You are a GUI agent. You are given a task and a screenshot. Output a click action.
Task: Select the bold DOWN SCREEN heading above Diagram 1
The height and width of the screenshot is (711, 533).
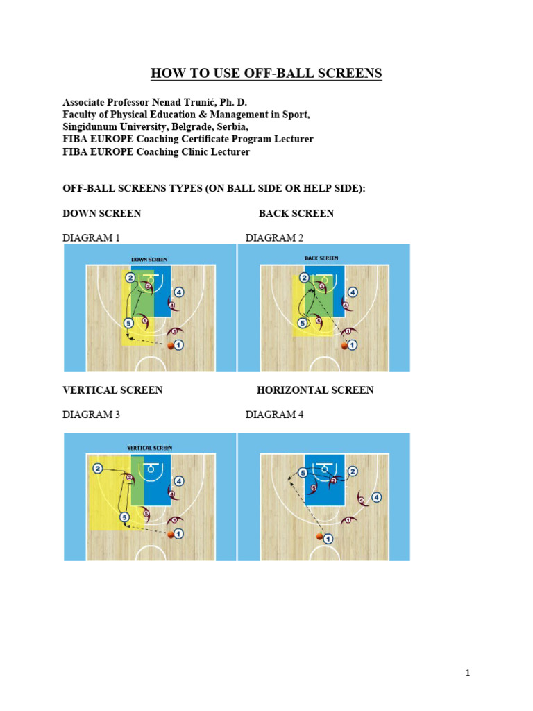102,213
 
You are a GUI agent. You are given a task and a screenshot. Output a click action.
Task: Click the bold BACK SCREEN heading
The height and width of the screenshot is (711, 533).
296,213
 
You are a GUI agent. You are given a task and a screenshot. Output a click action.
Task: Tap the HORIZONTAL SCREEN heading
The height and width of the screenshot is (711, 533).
315,390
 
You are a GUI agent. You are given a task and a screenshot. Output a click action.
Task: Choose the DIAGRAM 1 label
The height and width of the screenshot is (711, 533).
91,237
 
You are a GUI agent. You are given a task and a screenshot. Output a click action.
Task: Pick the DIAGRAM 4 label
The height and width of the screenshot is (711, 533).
274,415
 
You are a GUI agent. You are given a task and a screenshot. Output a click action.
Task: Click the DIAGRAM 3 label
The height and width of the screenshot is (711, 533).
91,415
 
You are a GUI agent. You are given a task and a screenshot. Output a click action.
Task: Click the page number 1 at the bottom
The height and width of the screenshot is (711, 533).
468,673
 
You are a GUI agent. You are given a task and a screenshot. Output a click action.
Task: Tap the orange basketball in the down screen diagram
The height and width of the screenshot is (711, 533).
171,344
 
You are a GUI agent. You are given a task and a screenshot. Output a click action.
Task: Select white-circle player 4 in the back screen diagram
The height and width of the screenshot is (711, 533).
353,292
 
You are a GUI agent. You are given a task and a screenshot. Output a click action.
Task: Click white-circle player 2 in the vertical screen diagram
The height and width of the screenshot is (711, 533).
98,469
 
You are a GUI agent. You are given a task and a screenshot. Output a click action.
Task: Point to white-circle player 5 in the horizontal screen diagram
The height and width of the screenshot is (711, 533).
302,473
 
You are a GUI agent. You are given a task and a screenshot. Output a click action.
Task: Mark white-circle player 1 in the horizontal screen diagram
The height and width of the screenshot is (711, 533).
328,538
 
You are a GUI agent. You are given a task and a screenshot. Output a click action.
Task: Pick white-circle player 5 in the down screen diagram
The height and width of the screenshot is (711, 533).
128,323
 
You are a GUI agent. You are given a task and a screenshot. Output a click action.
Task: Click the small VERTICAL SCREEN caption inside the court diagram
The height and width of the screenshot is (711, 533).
149,448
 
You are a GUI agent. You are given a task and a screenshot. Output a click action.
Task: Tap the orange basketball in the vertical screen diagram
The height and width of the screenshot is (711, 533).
171,534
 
